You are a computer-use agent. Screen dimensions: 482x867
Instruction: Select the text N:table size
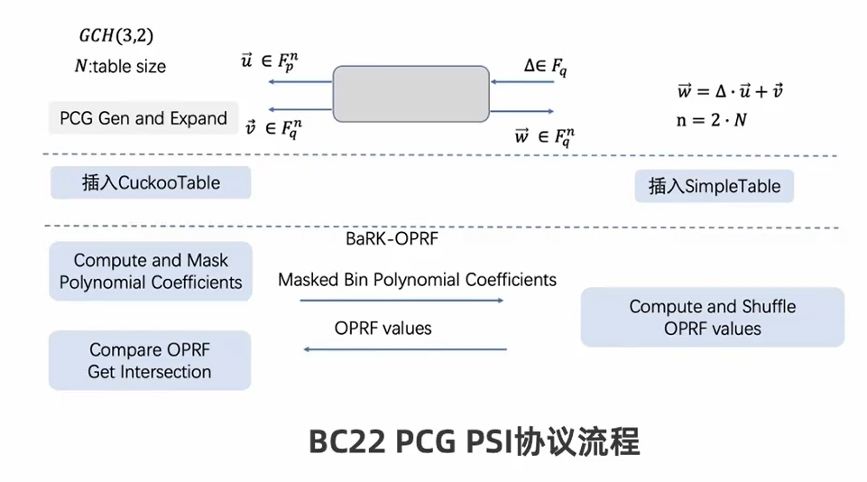coord(120,67)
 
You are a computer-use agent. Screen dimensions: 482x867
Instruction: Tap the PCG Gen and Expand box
coord(143,118)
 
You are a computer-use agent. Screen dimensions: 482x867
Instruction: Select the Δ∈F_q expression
coord(545,65)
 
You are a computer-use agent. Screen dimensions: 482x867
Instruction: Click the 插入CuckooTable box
coord(151,182)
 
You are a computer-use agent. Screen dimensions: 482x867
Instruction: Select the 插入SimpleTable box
coord(715,186)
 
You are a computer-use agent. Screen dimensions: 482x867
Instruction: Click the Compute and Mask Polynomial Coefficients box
coord(151,272)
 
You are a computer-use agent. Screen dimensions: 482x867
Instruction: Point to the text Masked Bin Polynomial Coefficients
coord(417,280)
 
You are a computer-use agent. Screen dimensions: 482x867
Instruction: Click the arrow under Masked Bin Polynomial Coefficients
coord(401,301)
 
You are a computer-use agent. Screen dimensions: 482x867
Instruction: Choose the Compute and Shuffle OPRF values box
coord(712,317)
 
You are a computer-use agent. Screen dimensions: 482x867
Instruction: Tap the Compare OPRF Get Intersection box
coord(150,360)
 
